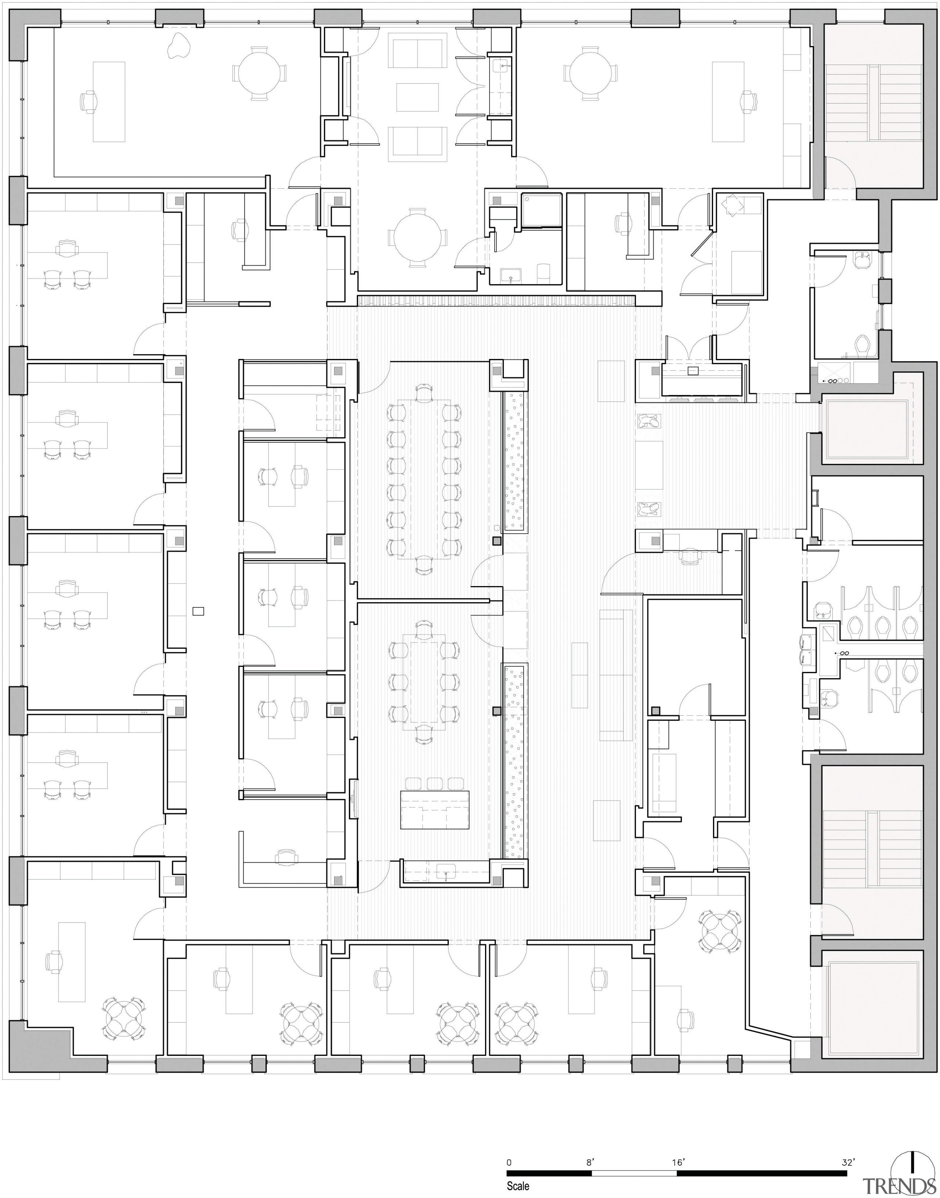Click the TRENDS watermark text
coord(900,1187)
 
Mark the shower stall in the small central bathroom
coord(542,210)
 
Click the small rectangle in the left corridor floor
coord(198,610)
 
